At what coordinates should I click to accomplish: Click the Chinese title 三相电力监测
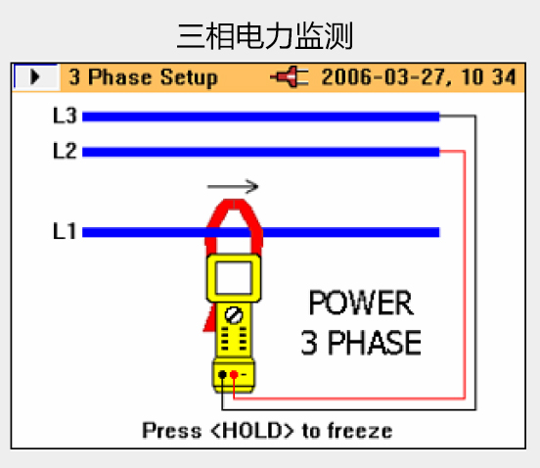265,36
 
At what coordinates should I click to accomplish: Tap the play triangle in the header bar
35,76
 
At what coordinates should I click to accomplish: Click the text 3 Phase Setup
143,77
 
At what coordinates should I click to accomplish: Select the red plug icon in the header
289,76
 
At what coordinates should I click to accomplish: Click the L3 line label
65,116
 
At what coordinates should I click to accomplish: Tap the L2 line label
65,151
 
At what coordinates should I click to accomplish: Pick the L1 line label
64,231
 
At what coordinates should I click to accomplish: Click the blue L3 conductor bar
260,117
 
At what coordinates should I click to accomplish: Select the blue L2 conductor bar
260,152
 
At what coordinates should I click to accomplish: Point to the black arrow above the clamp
233,186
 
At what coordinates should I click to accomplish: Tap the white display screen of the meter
234,277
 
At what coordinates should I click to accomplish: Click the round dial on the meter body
234,315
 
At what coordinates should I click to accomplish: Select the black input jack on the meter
222,375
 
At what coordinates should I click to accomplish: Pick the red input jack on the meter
234,375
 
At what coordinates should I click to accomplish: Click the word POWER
361,303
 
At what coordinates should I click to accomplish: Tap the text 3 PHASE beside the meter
361,343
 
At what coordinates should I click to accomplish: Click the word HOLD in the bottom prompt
251,431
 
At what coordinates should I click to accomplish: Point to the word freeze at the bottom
360,431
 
